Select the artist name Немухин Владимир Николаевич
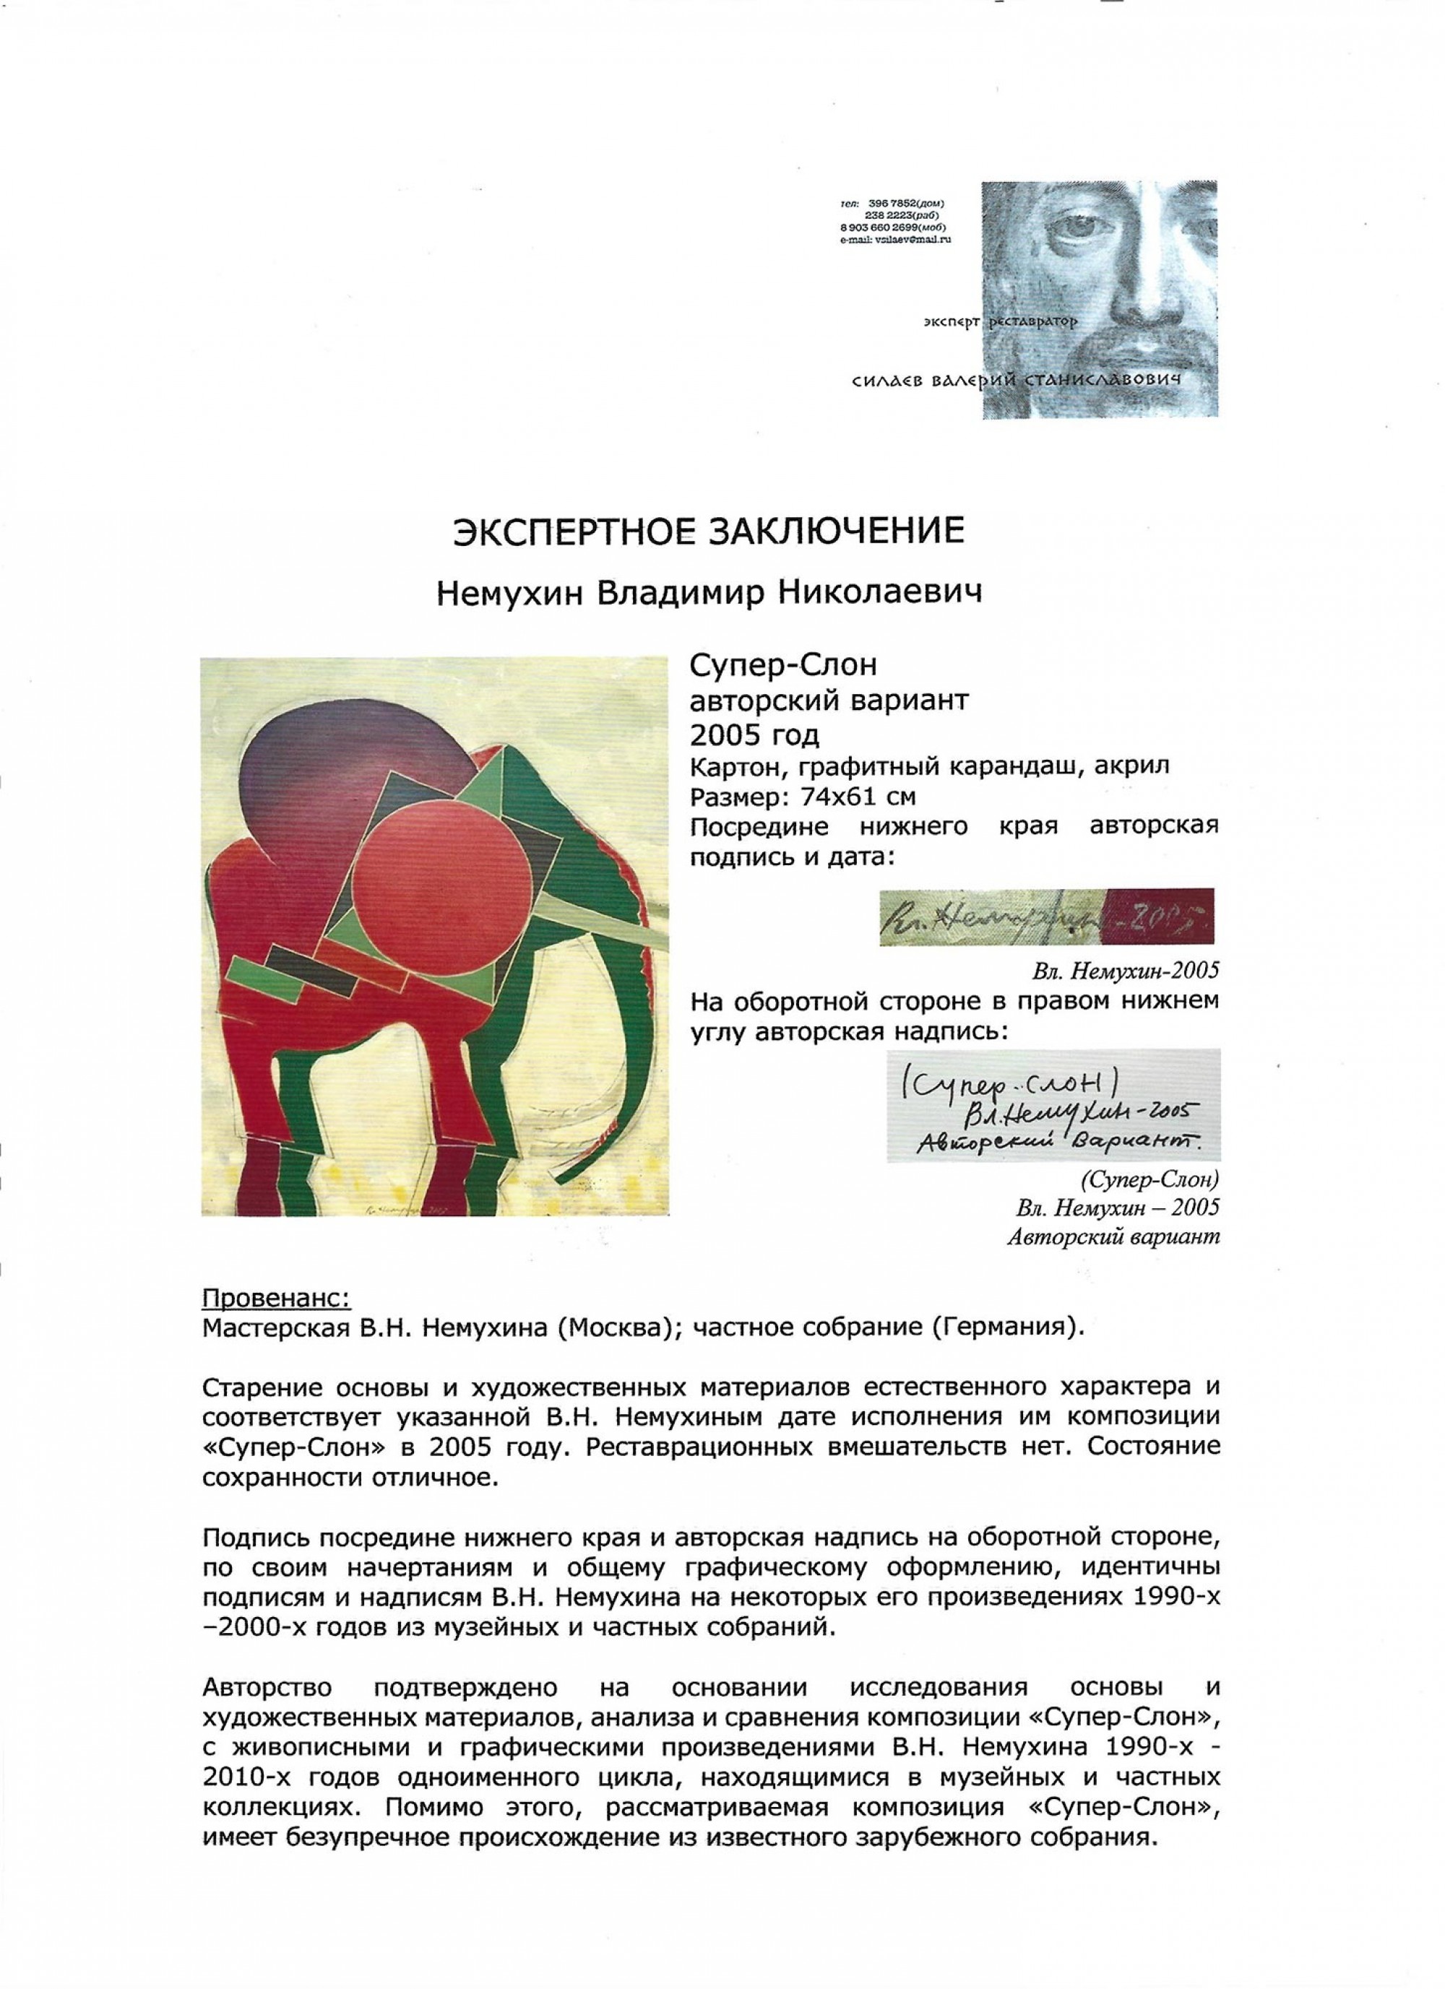pos(709,594)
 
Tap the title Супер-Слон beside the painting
pos(785,667)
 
